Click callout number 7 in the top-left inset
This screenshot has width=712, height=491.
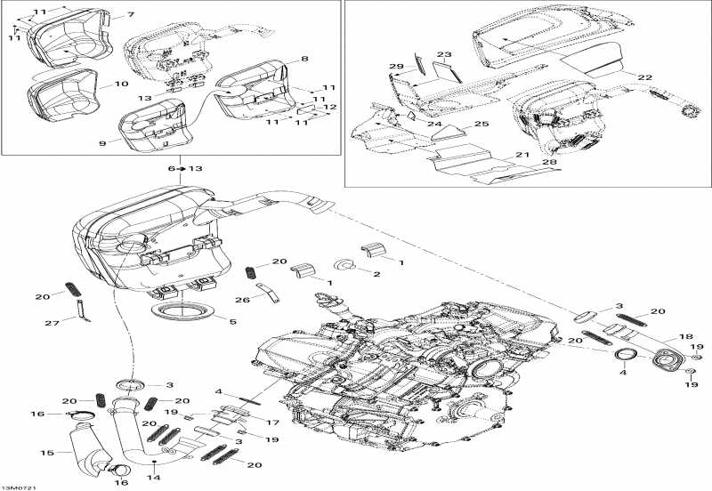coord(131,15)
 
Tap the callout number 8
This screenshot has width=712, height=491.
coord(304,59)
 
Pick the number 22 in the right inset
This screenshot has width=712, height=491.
coord(645,77)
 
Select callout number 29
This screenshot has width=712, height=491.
coord(397,67)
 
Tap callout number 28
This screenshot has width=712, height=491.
coord(549,162)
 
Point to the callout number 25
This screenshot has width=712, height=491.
coord(481,125)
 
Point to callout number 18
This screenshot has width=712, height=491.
coord(686,337)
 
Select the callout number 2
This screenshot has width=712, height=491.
coord(376,274)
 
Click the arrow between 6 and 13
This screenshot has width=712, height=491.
coord(180,168)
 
